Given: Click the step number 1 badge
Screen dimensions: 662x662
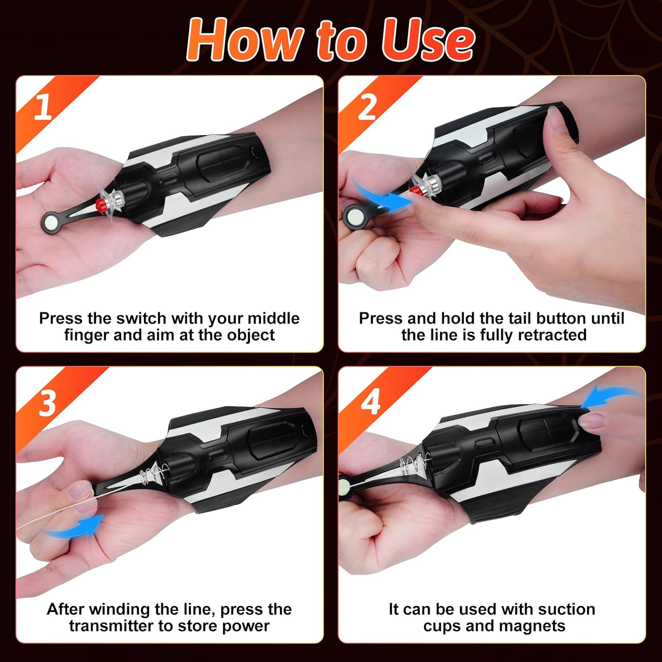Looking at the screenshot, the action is (x=43, y=107).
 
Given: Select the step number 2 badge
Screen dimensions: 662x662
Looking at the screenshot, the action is (x=367, y=107).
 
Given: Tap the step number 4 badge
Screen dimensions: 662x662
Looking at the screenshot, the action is (x=371, y=402).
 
